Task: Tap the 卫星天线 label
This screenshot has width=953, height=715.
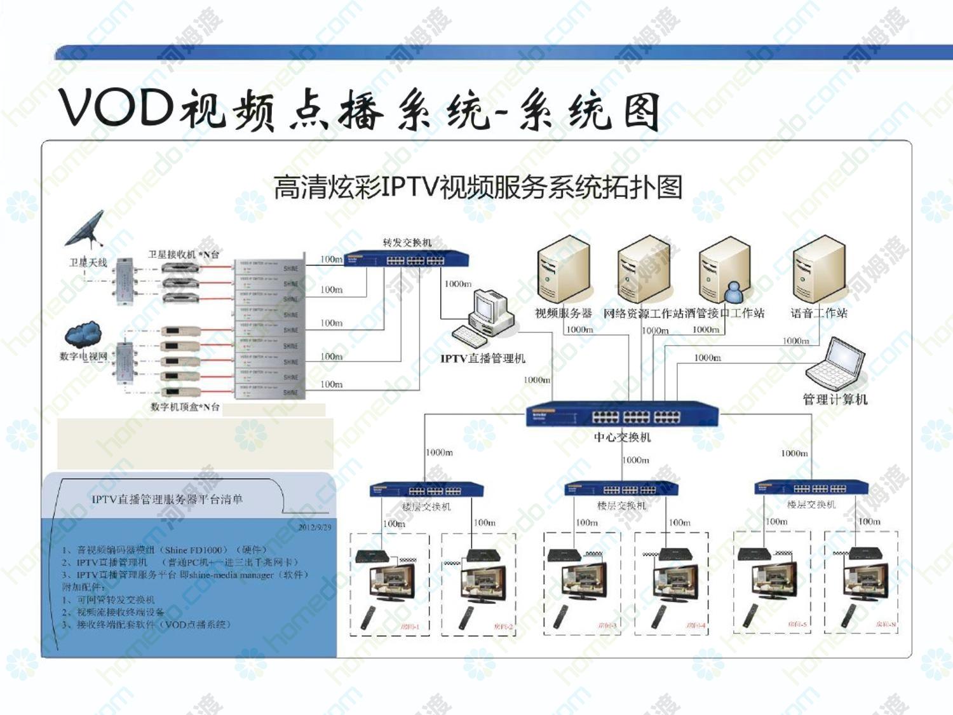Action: (x=88, y=262)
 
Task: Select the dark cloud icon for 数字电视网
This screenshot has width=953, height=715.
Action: (x=83, y=334)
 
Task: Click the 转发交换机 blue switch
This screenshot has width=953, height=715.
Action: (x=407, y=259)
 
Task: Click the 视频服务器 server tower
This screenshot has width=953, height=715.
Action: (x=563, y=270)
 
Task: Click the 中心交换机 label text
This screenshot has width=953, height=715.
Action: (x=622, y=437)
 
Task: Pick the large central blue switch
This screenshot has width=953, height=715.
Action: (x=623, y=414)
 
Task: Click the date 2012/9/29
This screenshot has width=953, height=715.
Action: (x=314, y=527)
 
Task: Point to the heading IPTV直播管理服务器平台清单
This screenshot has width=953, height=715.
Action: (x=167, y=499)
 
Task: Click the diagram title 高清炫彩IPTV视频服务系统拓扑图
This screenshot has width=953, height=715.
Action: (x=478, y=187)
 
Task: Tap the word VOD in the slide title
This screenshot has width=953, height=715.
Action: (x=116, y=107)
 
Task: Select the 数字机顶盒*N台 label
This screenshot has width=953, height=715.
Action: (x=185, y=407)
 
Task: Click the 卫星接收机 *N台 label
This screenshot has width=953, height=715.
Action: (x=184, y=254)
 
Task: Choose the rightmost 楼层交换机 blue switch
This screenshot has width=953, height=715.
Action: (x=811, y=488)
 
